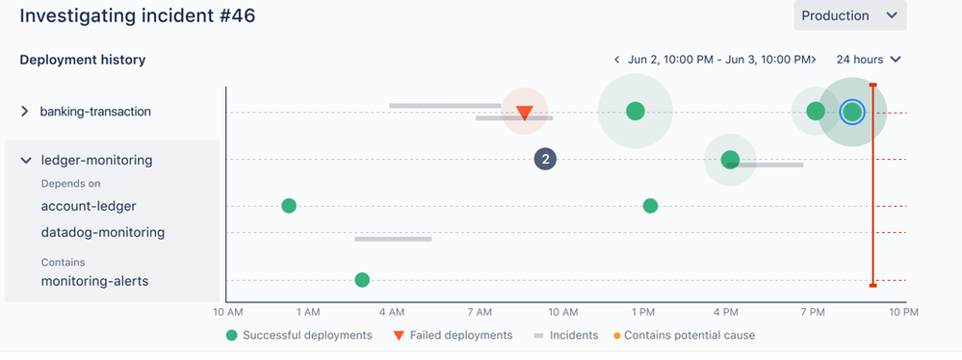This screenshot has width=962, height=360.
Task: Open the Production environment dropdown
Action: coord(848,15)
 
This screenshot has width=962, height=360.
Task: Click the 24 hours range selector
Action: coord(869,60)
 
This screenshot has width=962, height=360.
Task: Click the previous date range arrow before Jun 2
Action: coord(616,60)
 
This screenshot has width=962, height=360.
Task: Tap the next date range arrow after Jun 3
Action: coord(814,60)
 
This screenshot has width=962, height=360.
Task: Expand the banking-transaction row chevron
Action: coord(25,112)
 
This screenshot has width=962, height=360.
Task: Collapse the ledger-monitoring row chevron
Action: coord(25,161)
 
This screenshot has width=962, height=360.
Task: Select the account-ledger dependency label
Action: coord(89,206)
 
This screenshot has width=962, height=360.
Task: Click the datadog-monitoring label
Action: coord(102,232)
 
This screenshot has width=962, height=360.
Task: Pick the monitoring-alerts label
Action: coord(94,281)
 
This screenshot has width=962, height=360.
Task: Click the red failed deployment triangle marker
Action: coord(524,114)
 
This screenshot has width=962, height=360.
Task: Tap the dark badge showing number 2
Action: coord(545,159)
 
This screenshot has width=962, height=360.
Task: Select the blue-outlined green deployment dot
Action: coord(851,113)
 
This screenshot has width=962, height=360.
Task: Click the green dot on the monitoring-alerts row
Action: coord(362,280)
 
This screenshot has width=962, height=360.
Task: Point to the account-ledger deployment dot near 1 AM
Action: coord(288,206)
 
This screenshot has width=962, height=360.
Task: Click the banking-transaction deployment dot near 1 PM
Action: coord(635,112)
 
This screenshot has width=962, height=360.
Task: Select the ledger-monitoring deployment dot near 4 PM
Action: coord(730,160)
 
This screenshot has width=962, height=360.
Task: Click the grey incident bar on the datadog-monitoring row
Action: coord(393,238)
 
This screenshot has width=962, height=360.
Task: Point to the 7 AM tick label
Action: coord(479,312)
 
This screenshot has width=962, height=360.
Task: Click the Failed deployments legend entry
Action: coord(453,336)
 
